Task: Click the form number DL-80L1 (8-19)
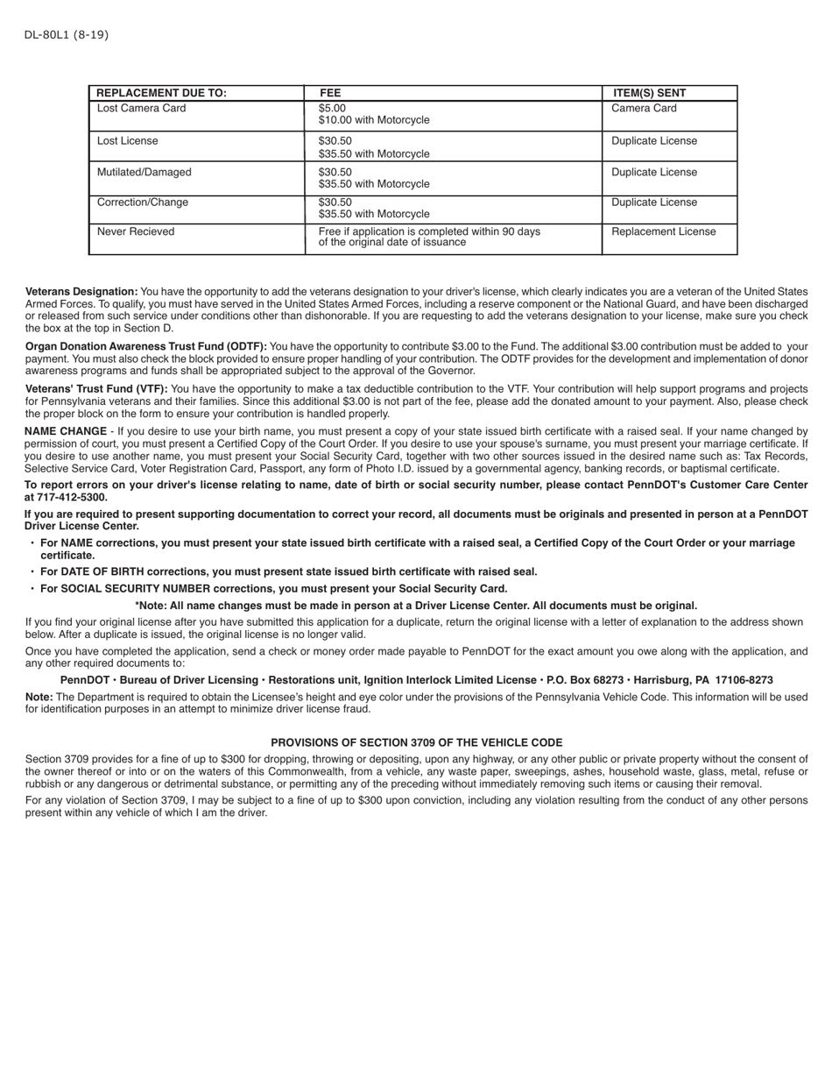pyautogui.click(x=67, y=35)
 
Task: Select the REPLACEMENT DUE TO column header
pyautogui.click(x=161, y=93)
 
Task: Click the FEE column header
pyautogui.click(x=330, y=93)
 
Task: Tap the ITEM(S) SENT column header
pyautogui.click(x=649, y=93)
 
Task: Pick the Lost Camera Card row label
pyautogui.click(x=141, y=109)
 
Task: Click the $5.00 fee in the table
pyautogui.click(x=332, y=109)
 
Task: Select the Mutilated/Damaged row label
pyautogui.click(x=144, y=173)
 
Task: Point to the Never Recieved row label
pyautogui.click(x=136, y=232)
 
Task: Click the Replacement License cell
pyautogui.click(x=663, y=232)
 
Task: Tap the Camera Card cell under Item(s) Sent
pyautogui.click(x=644, y=109)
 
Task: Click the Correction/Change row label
pyautogui.click(x=142, y=202)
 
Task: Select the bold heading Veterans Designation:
pyautogui.click(x=81, y=292)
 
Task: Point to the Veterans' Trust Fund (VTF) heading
pyautogui.click(x=96, y=389)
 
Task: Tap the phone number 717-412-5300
pyautogui.click(x=72, y=497)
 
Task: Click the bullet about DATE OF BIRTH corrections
pyautogui.click(x=288, y=572)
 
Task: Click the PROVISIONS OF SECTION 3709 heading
pyautogui.click(x=416, y=742)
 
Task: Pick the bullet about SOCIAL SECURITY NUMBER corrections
pyautogui.click(x=273, y=589)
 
